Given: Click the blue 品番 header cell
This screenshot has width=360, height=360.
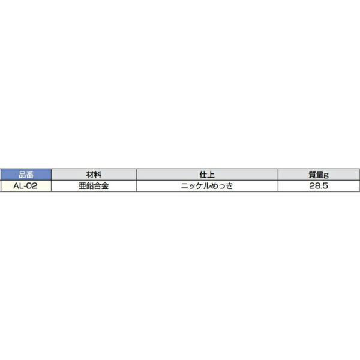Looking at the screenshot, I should tap(26, 175).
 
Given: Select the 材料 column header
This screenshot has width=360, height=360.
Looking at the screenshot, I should tap(94, 175).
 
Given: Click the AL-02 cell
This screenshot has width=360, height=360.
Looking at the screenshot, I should tap(26, 186).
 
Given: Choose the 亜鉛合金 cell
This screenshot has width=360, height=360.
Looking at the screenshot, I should tap(94, 186).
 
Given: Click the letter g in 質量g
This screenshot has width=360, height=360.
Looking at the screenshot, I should tap(326, 175).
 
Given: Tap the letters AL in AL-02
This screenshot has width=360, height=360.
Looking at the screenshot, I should tap(18, 186).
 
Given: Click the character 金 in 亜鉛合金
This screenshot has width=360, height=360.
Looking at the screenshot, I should tap(105, 186).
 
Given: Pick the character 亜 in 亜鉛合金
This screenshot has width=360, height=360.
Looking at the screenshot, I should tap(83, 186).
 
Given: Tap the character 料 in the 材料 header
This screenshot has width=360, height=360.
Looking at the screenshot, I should tap(97, 175).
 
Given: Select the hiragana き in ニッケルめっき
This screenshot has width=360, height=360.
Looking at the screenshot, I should tap(229, 186).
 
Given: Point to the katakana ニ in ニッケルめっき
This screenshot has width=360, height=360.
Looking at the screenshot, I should tap(185, 186).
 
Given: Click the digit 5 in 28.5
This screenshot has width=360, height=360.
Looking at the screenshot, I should tap(328, 186).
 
